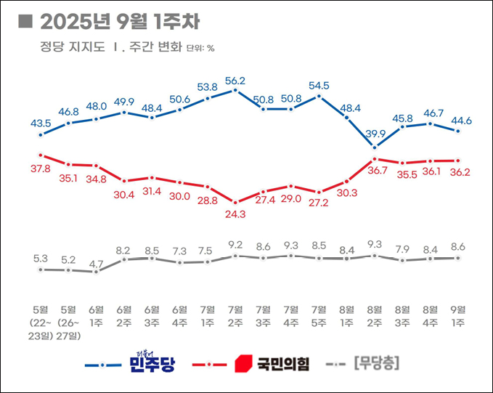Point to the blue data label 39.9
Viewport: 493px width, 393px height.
[x=375, y=132]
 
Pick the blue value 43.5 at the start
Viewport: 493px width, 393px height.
[x=41, y=123]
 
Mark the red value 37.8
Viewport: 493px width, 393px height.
[x=41, y=169]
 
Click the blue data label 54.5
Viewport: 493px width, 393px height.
[x=319, y=85]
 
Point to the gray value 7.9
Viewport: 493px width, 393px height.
[x=402, y=249]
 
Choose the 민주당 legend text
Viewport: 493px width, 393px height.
[x=152, y=362]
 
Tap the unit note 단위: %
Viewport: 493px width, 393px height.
[x=200, y=49]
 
